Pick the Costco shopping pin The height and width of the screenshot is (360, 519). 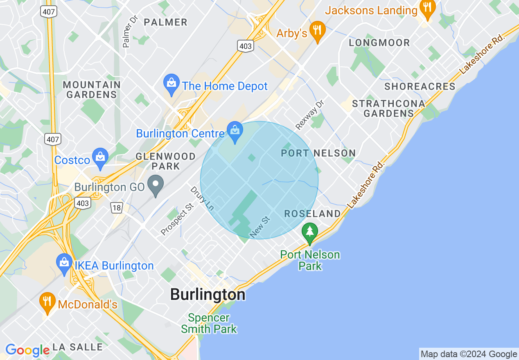[x=100, y=157]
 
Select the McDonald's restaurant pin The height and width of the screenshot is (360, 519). [x=48, y=302]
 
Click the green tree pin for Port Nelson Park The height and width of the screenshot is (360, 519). [x=310, y=232]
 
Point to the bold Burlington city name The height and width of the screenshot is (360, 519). [x=208, y=295]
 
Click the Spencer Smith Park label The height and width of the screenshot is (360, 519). [x=209, y=323]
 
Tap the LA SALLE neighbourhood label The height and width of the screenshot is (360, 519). [x=78, y=347]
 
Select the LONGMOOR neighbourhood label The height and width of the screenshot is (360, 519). [x=379, y=43]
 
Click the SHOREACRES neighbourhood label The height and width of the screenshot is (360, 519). [x=420, y=86]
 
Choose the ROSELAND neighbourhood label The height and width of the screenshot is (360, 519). [x=312, y=214]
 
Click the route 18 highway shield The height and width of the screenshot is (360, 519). [x=117, y=208]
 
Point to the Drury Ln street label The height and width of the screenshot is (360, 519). [x=202, y=198]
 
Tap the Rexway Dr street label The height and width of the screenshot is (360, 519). [x=310, y=114]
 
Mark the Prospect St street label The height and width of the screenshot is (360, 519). [x=177, y=220]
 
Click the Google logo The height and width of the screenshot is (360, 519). [x=27, y=351]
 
